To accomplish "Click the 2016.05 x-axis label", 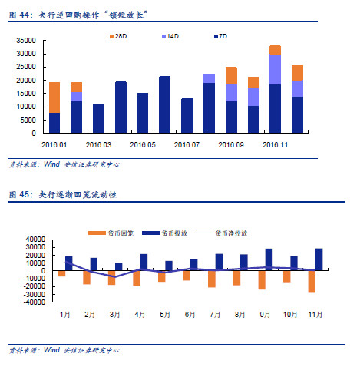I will (x=143, y=143).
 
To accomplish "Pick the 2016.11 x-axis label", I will (x=275, y=143).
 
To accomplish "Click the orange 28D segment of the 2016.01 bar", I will (x=54, y=97).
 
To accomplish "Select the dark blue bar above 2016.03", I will (x=98, y=118).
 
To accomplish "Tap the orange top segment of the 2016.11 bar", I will (x=275, y=50).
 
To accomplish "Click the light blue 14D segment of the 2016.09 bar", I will (x=231, y=92).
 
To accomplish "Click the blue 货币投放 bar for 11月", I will (x=319, y=259).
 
